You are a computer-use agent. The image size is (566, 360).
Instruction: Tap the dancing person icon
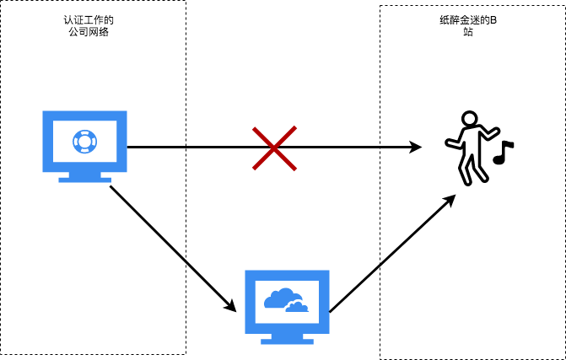click(469, 148)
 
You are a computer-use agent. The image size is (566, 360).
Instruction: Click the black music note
click(503, 153)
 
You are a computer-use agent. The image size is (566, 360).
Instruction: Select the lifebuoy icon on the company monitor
click(84, 141)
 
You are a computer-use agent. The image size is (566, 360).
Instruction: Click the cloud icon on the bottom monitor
click(285, 300)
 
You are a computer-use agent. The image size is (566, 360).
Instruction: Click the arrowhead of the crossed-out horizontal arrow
click(416, 148)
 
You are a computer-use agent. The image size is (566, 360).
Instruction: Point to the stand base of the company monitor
click(84, 179)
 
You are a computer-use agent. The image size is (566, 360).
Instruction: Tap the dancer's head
click(471, 119)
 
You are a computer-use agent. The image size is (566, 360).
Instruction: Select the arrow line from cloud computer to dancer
click(390, 254)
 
